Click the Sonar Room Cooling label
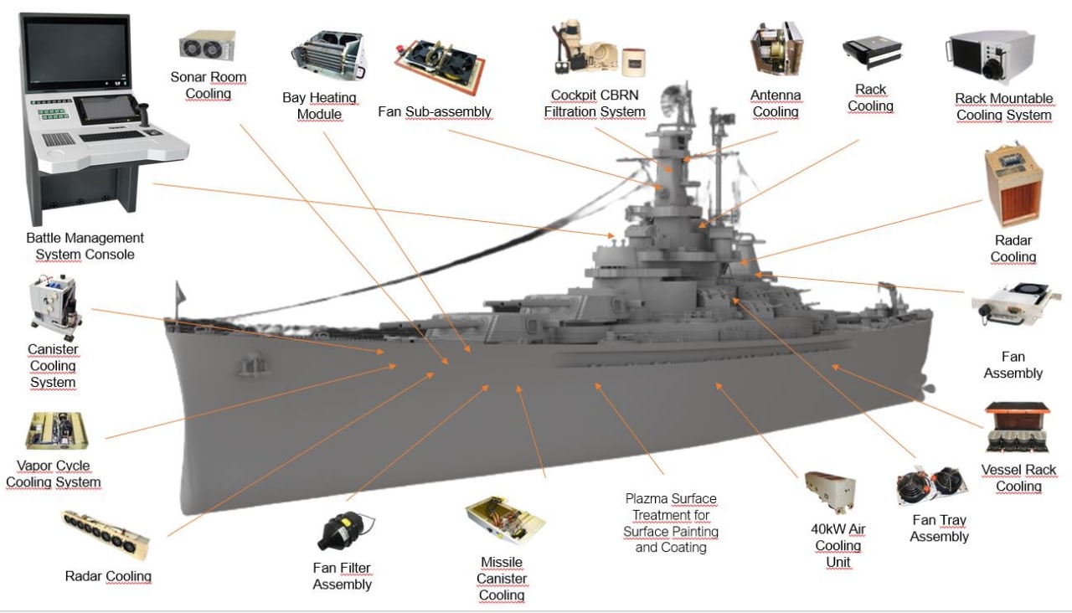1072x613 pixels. point(209,85)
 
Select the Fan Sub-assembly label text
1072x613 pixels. point(434,111)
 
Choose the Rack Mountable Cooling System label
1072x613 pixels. point(1003,106)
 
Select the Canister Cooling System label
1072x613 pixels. point(54,365)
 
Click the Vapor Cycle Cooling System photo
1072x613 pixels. point(56,431)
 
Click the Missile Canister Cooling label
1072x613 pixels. point(502,579)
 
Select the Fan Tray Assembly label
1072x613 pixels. point(939,528)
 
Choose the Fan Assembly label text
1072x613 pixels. point(1013,365)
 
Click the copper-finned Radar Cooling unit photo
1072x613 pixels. point(1013,186)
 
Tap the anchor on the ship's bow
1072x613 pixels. point(248,366)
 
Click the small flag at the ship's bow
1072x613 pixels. point(177,294)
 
